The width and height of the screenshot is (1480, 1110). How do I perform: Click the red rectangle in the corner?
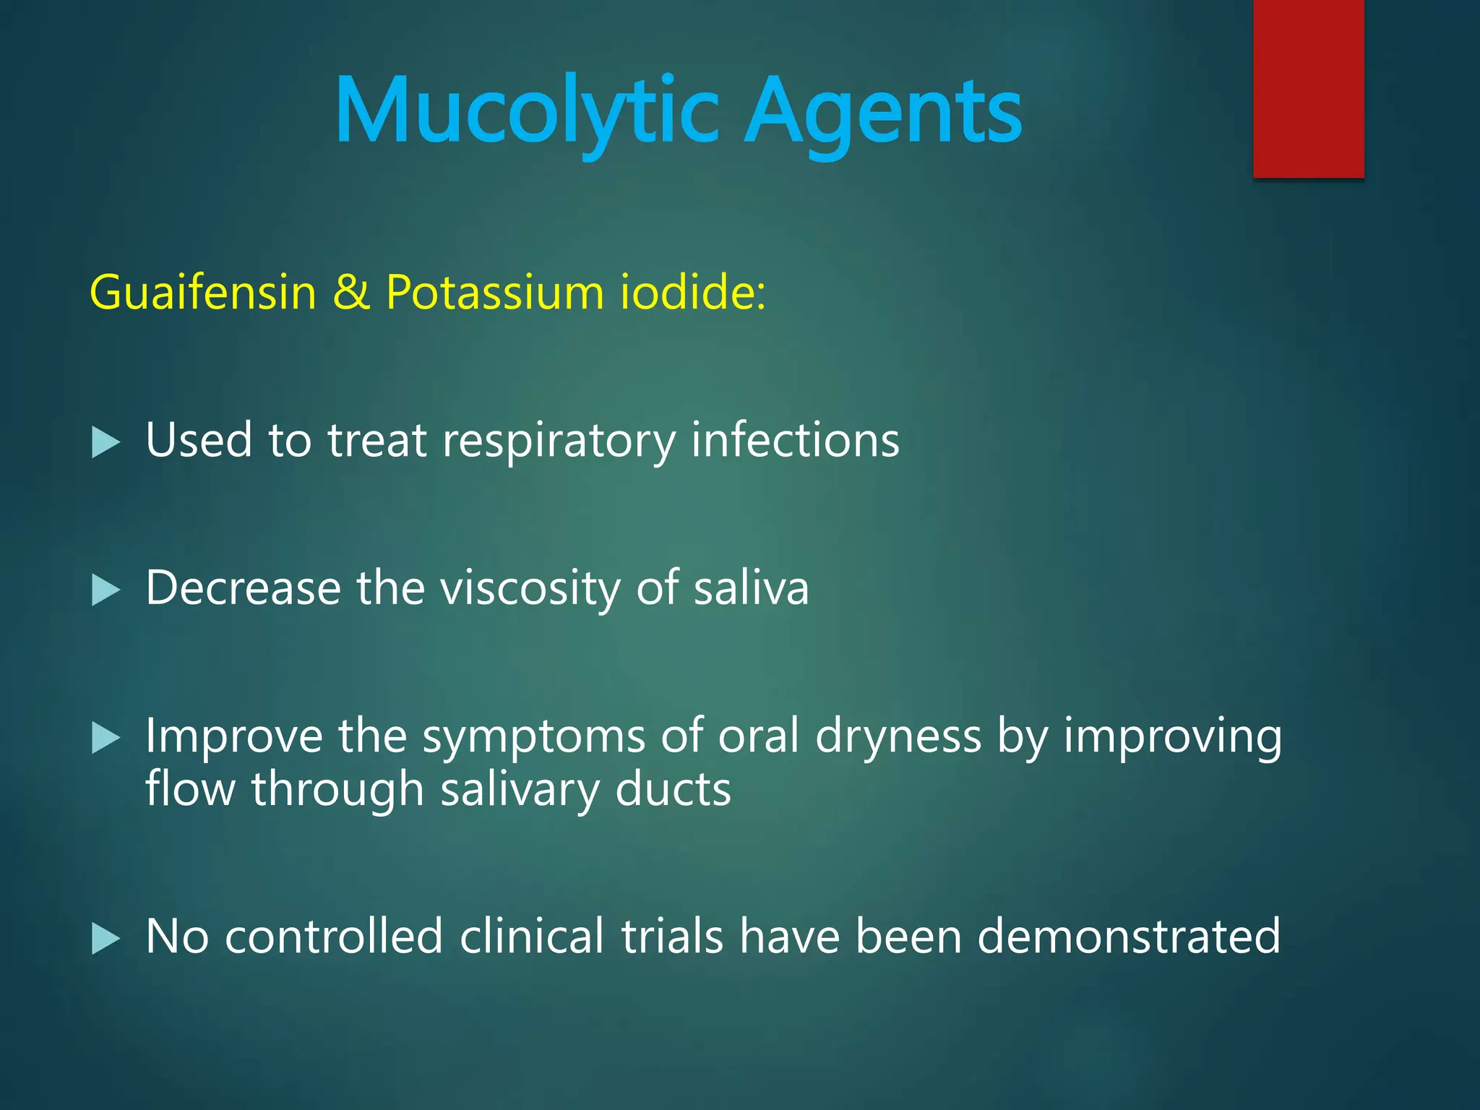(x=1308, y=88)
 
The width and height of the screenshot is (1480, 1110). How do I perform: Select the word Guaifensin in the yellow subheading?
(x=203, y=293)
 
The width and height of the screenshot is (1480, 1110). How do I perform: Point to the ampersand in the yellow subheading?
(x=351, y=293)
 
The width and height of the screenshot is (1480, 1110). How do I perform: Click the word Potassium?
(x=495, y=293)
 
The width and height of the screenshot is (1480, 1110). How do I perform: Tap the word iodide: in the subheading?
(x=692, y=293)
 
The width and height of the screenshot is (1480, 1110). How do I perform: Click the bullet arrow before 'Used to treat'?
(x=106, y=442)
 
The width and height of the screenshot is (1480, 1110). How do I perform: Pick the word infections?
(x=795, y=440)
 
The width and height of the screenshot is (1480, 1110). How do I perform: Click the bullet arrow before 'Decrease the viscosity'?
(x=106, y=590)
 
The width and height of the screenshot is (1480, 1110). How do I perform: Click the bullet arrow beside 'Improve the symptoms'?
(x=106, y=738)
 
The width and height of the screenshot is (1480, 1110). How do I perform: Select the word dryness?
(x=898, y=738)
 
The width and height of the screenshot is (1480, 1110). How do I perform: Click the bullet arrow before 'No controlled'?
(x=106, y=939)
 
